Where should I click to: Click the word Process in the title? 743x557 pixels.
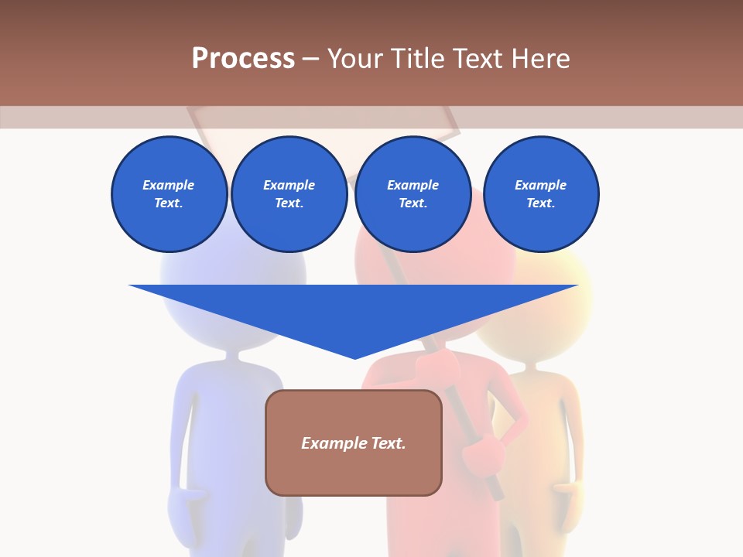(x=243, y=59)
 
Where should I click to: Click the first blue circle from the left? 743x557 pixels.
(x=169, y=194)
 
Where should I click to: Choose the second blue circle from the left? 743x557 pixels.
(x=289, y=194)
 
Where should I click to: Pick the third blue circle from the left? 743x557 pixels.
(x=413, y=194)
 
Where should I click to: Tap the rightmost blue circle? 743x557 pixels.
(x=540, y=194)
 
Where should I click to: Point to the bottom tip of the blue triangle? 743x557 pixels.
(x=355, y=357)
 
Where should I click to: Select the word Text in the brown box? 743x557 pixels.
(x=388, y=443)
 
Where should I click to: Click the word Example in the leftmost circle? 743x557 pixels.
(x=169, y=185)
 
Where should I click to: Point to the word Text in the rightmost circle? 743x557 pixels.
(x=540, y=203)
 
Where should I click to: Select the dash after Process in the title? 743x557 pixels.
(x=311, y=59)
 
